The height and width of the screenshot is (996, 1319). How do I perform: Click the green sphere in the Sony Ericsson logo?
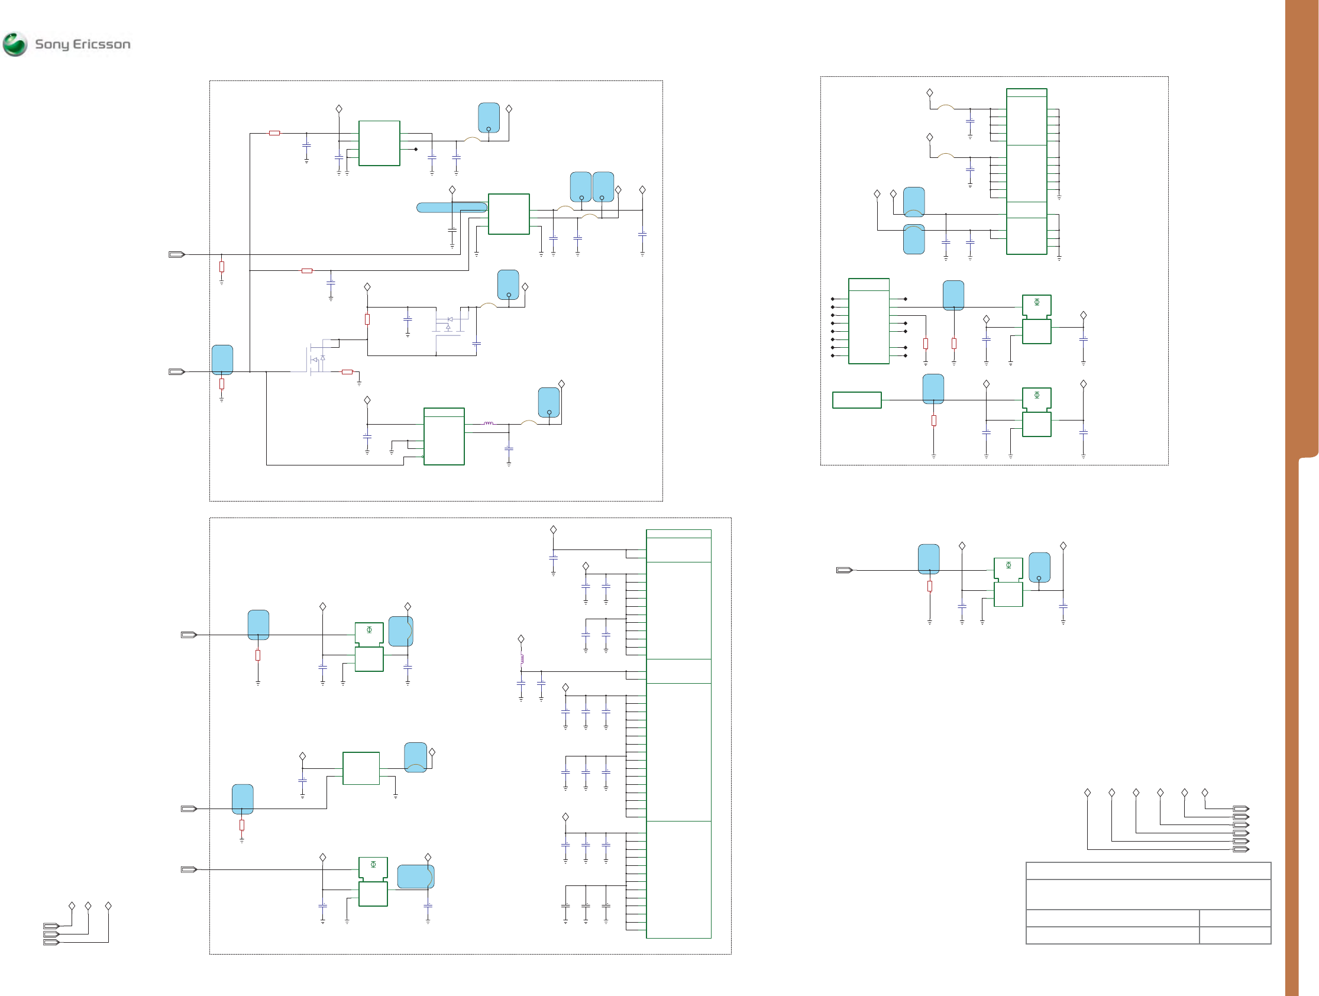(x=15, y=44)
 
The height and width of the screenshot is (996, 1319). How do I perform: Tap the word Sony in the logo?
(x=53, y=44)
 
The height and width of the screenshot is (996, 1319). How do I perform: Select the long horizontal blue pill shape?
(x=451, y=208)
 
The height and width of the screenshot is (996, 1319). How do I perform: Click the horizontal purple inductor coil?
(x=489, y=423)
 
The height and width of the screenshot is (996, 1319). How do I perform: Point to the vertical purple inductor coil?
(x=522, y=658)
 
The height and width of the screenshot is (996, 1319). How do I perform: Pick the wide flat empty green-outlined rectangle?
(x=856, y=400)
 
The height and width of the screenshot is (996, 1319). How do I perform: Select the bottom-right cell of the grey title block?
(x=1234, y=934)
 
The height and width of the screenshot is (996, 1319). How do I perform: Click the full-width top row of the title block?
(x=1148, y=871)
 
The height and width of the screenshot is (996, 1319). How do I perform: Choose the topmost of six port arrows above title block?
(x=1240, y=809)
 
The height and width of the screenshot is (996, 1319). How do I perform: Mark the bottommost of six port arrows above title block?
(x=1240, y=849)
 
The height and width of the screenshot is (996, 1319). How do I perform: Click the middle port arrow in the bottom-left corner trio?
(x=51, y=934)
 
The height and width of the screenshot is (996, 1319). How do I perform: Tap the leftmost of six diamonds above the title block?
(x=1087, y=793)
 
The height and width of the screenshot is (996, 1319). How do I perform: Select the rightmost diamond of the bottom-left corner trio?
(x=108, y=906)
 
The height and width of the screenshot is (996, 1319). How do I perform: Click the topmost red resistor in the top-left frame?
(x=274, y=133)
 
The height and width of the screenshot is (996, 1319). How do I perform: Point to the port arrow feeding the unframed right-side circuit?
(x=844, y=570)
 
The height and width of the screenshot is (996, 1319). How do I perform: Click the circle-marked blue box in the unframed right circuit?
(x=1039, y=567)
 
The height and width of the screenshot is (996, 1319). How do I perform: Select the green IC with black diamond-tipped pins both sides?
(x=869, y=321)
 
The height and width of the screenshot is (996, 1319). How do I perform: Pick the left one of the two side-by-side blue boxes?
(x=581, y=187)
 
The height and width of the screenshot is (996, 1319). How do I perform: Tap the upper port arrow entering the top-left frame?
(x=176, y=255)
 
